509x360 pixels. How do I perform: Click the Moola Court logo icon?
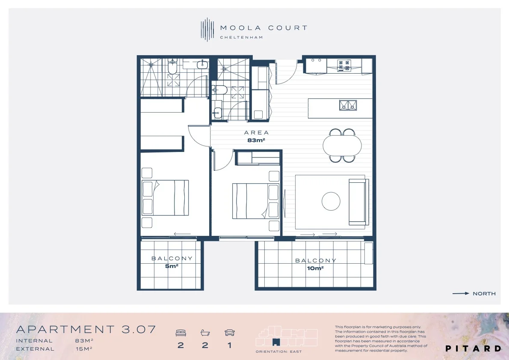[207, 30]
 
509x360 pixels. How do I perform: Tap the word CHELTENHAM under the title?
[241, 37]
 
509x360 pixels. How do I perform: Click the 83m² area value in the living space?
[256, 140]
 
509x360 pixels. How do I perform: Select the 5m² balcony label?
[172, 266]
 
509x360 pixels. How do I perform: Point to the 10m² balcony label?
[315, 268]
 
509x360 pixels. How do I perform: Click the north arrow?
[461, 293]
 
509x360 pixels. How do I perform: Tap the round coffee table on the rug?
[331, 201]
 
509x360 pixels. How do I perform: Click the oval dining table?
[342, 146]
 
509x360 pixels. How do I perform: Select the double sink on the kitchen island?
[348, 105]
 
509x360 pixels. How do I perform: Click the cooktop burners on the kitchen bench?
[344, 65]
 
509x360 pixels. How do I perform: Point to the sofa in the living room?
[359, 202]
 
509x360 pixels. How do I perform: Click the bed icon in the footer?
[181, 333]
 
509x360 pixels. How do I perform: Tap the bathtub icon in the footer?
[205, 333]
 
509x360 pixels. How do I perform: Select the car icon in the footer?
[230, 333]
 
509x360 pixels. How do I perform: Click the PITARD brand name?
[473, 348]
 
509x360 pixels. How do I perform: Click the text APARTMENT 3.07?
[86, 330]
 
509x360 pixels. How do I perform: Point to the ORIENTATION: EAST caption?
[278, 351]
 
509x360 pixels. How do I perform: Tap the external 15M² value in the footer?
[84, 348]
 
